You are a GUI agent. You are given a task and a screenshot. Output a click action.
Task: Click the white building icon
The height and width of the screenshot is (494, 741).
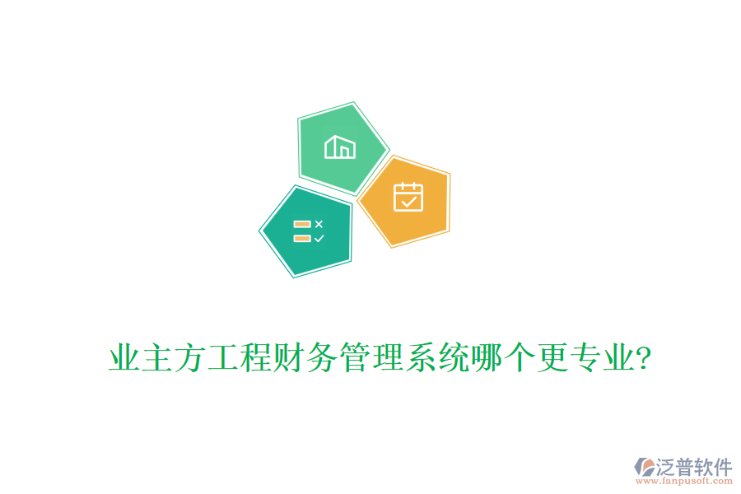[x=340, y=147]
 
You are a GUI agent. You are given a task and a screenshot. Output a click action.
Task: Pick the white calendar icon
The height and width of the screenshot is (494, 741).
[x=408, y=198]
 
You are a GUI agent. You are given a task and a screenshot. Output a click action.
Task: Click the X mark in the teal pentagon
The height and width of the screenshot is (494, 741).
[x=319, y=224]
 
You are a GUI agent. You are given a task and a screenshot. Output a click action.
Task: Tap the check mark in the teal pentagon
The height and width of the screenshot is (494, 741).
[x=319, y=238]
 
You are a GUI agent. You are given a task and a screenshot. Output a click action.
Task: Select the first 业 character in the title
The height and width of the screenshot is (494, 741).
[x=123, y=360]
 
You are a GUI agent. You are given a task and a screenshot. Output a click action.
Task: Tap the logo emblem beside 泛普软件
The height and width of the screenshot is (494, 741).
[x=644, y=467]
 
